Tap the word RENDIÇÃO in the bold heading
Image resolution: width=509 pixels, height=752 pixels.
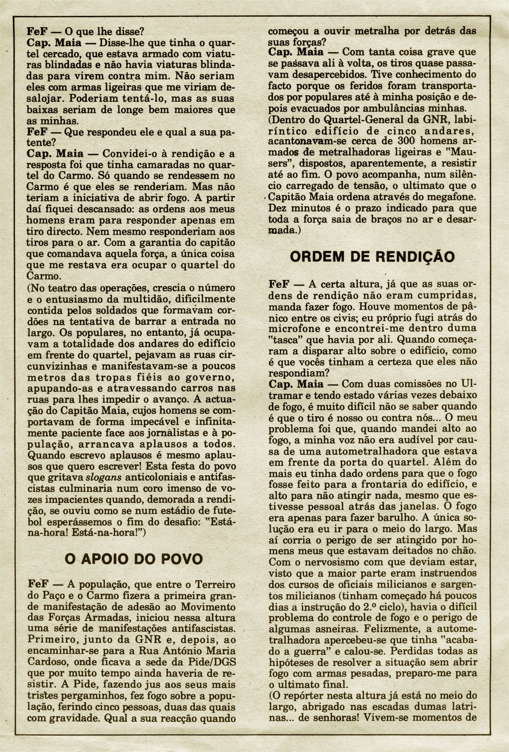click(x=414, y=257)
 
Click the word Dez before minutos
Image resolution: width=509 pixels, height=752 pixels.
click(x=277, y=208)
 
